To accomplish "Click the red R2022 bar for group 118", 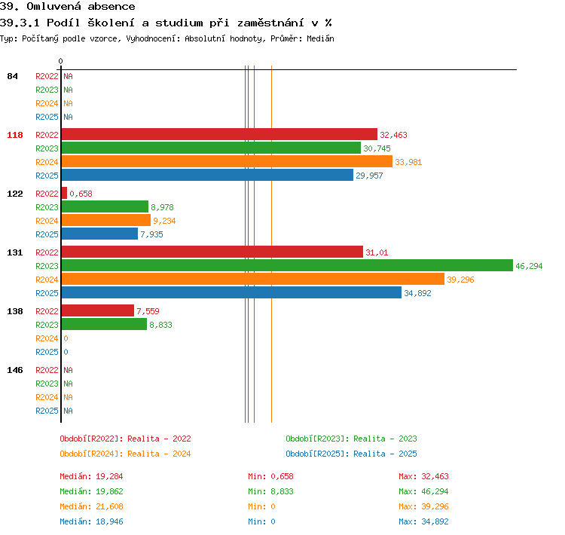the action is click(219, 134).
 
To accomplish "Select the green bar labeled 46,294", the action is click(287, 265).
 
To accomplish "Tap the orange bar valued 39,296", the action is click(253, 279).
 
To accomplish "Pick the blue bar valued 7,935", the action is click(99, 234).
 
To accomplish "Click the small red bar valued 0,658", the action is click(65, 193).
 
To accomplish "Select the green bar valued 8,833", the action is click(105, 324).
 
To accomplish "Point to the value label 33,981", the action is click(408, 162).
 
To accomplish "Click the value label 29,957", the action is click(369, 176).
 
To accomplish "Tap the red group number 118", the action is click(15, 135).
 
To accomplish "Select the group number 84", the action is click(12, 76).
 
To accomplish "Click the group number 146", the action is click(15, 370).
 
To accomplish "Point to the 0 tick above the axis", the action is click(60, 61).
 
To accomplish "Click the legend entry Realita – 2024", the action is click(159, 454).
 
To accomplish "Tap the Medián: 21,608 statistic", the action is click(91, 506).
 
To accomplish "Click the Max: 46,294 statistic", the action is click(423, 491).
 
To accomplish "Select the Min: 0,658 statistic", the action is click(270, 476).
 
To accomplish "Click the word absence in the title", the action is click(111, 6).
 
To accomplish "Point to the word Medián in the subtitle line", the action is click(320, 38).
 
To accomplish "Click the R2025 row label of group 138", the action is click(47, 352).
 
